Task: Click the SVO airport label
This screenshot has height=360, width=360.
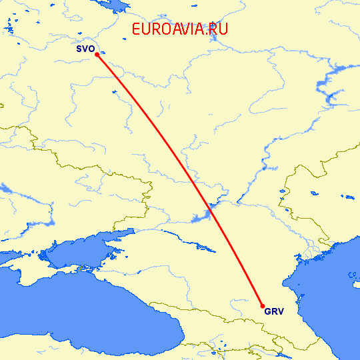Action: tap(85, 49)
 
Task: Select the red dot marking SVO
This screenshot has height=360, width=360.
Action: tap(97, 55)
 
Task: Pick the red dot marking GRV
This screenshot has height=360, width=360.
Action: tap(263, 306)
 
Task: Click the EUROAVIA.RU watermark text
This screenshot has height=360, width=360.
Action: tap(180, 29)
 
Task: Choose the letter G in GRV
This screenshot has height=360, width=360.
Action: tap(267, 311)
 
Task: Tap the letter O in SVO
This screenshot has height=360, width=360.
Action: tap(91, 49)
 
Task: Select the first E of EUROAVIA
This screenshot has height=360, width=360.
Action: tap(137, 29)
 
